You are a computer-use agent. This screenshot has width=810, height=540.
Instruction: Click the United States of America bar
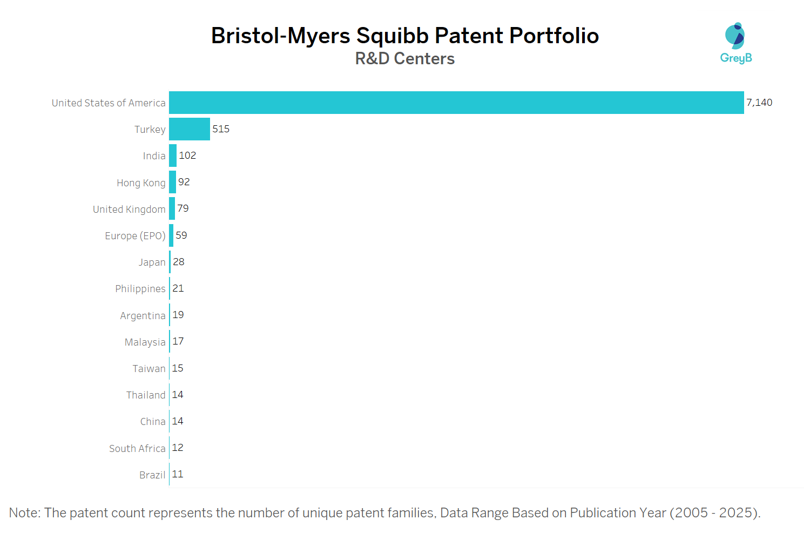click(456, 103)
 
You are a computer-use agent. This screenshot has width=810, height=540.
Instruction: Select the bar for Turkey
click(190, 129)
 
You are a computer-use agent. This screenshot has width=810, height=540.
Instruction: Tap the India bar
click(173, 156)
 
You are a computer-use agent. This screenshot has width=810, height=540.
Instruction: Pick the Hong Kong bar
click(172, 182)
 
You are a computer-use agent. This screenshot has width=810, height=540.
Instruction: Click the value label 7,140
click(759, 103)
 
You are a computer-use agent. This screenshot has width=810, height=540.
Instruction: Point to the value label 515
click(221, 129)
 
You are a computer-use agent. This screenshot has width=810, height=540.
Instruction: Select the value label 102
click(187, 156)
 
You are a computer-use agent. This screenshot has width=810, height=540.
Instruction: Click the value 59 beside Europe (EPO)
click(181, 235)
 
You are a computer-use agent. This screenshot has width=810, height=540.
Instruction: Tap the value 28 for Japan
click(179, 262)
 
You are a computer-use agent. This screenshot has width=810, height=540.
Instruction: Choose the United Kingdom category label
click(129, 209)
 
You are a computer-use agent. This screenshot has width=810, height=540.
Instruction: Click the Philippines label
click(140, 288)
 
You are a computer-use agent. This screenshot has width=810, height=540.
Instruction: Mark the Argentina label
click(143, 315)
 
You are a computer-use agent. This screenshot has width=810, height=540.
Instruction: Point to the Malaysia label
click(145, 342)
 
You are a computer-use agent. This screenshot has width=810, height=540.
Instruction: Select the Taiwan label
click(149, 368)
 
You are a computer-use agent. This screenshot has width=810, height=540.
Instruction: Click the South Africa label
click(137, 448)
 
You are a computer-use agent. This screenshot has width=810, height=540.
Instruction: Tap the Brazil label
click(152, 475)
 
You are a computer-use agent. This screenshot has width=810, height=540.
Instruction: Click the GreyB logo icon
click(735, 36)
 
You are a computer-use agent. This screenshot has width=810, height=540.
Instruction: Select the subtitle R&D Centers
click(405, 58)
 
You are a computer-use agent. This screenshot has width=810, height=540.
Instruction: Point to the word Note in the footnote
click(24, 512)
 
